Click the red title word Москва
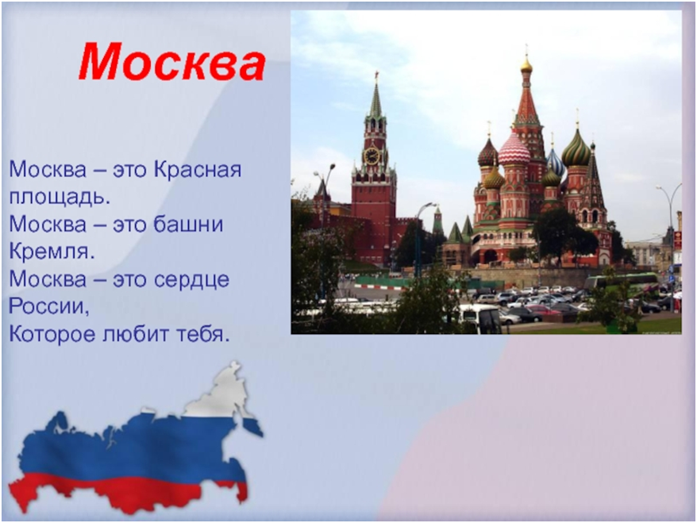172,61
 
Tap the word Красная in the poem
198,170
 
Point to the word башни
188,225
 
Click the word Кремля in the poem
52,252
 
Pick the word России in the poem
49,306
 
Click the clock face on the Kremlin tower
372,156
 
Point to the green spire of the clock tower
376,101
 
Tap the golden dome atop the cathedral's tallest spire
526,67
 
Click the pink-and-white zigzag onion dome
514,150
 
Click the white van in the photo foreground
480,317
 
